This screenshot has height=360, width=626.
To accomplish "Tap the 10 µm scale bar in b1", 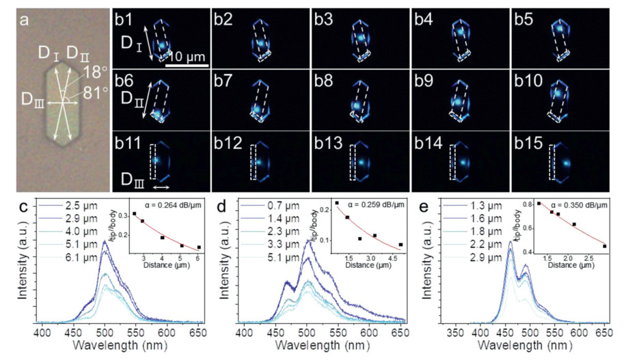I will (x=187, y=66).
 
